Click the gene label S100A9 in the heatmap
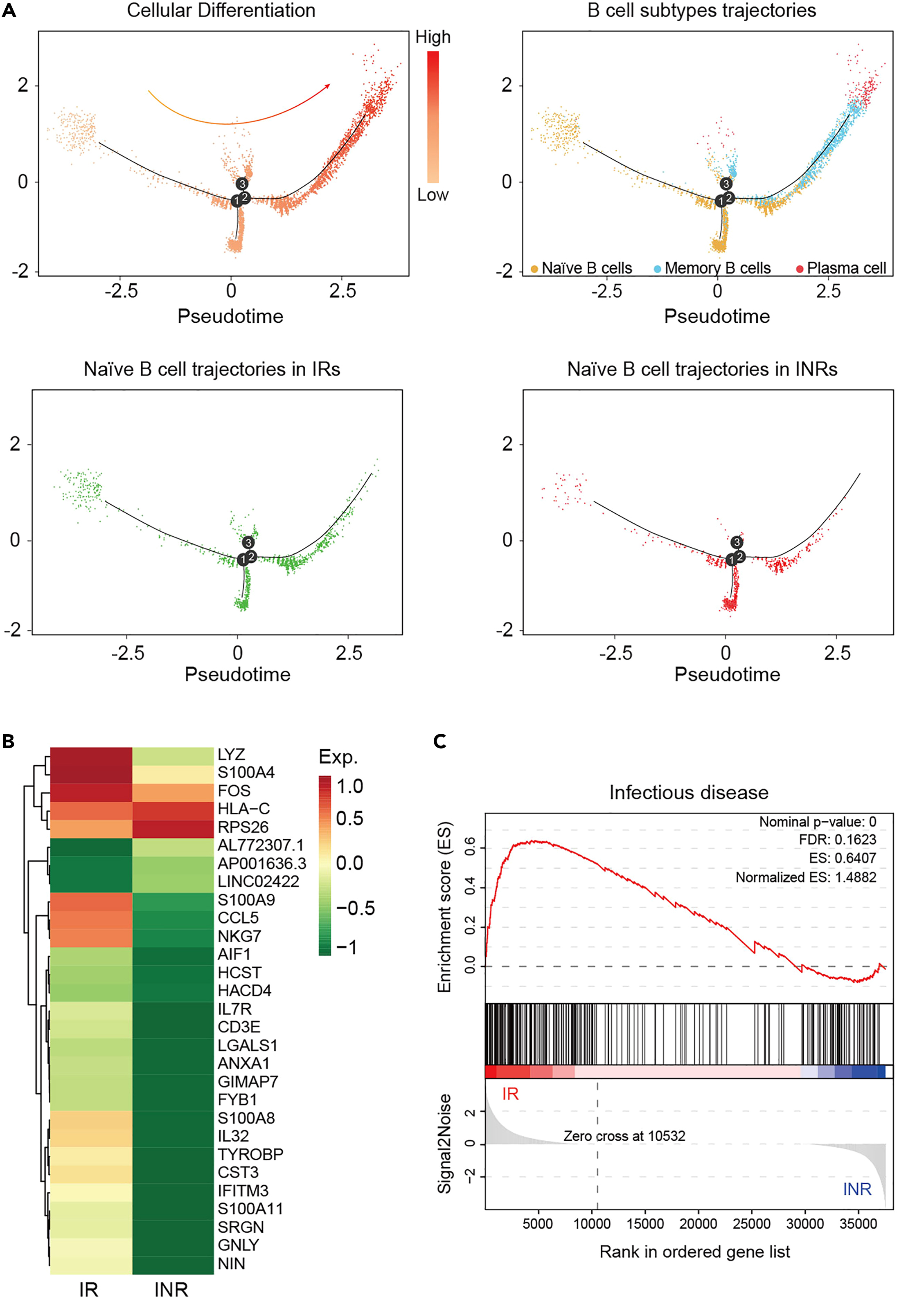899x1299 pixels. [x=246, y=900]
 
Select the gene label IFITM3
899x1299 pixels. [x=243, y=1190]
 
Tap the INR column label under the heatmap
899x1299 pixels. [x=171, y=1289]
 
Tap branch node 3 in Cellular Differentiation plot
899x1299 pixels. [x=242, y=184]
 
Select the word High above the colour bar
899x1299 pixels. [x=433, y=37]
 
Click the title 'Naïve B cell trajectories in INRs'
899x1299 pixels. [x=702, y=369]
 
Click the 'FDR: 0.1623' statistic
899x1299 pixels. [x=837, y=840]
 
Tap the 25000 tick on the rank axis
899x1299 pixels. [x=751, y=1224]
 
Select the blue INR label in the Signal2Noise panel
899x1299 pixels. [x=857, y=1189]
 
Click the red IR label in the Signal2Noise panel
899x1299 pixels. [x=510, y=1094]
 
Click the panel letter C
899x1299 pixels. [x=440, y=741]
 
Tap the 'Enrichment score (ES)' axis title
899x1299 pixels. [x=445, y=907]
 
